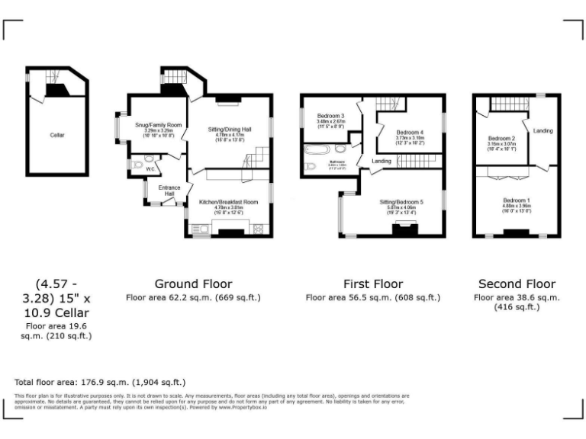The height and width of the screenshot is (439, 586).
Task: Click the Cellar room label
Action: point(57,135)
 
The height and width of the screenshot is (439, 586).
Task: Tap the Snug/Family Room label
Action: point(158,124)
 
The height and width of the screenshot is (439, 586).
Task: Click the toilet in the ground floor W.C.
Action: point(135,163)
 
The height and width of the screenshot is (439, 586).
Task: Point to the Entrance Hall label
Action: point(169,191)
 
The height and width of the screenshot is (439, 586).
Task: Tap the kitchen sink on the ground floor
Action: point(201,228)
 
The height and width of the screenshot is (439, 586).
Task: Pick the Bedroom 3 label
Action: point(331,115)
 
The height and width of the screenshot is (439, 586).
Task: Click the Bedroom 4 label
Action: point(411,132)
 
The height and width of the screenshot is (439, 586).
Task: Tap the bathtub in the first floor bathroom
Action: point(314,149)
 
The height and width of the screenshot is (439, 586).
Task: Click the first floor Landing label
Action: point(382,162)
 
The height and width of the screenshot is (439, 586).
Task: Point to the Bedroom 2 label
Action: point(501,139)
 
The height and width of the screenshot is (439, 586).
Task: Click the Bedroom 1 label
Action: point(516,200)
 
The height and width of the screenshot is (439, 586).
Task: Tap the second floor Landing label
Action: point(543,131)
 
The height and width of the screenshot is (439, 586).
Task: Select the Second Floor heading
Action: point(517,284)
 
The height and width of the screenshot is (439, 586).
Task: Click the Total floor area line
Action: point(100,382)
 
